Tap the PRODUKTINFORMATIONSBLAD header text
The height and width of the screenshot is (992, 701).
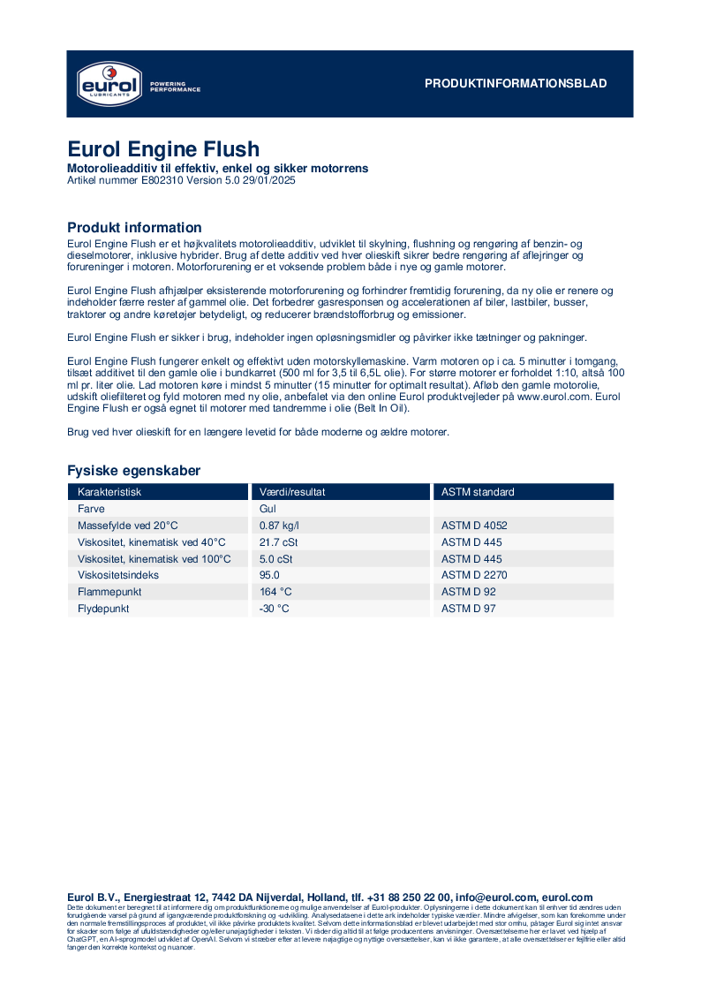point(516,84)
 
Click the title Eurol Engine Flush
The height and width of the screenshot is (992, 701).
point(163,149)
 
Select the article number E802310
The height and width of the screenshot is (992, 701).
point(163,180)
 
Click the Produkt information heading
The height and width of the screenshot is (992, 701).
point(134,228)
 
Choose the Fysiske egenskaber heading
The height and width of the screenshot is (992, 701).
point(134,471)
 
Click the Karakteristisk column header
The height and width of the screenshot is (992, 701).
point(109,492)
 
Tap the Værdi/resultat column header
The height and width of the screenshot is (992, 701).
point(292,492)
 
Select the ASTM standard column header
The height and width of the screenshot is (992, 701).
point(478,492)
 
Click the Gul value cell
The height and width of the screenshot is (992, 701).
point(268,509)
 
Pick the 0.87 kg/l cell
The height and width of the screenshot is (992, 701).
point(280,526)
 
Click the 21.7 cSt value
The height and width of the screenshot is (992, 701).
point(278,542)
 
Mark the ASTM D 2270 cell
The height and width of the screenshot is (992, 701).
point(474,575)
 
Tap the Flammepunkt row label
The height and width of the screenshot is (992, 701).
point(109,592)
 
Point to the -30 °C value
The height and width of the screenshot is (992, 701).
point(275,609)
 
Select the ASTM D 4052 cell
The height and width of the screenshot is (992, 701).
point(474,526)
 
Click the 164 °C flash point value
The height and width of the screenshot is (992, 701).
point(275,592)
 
